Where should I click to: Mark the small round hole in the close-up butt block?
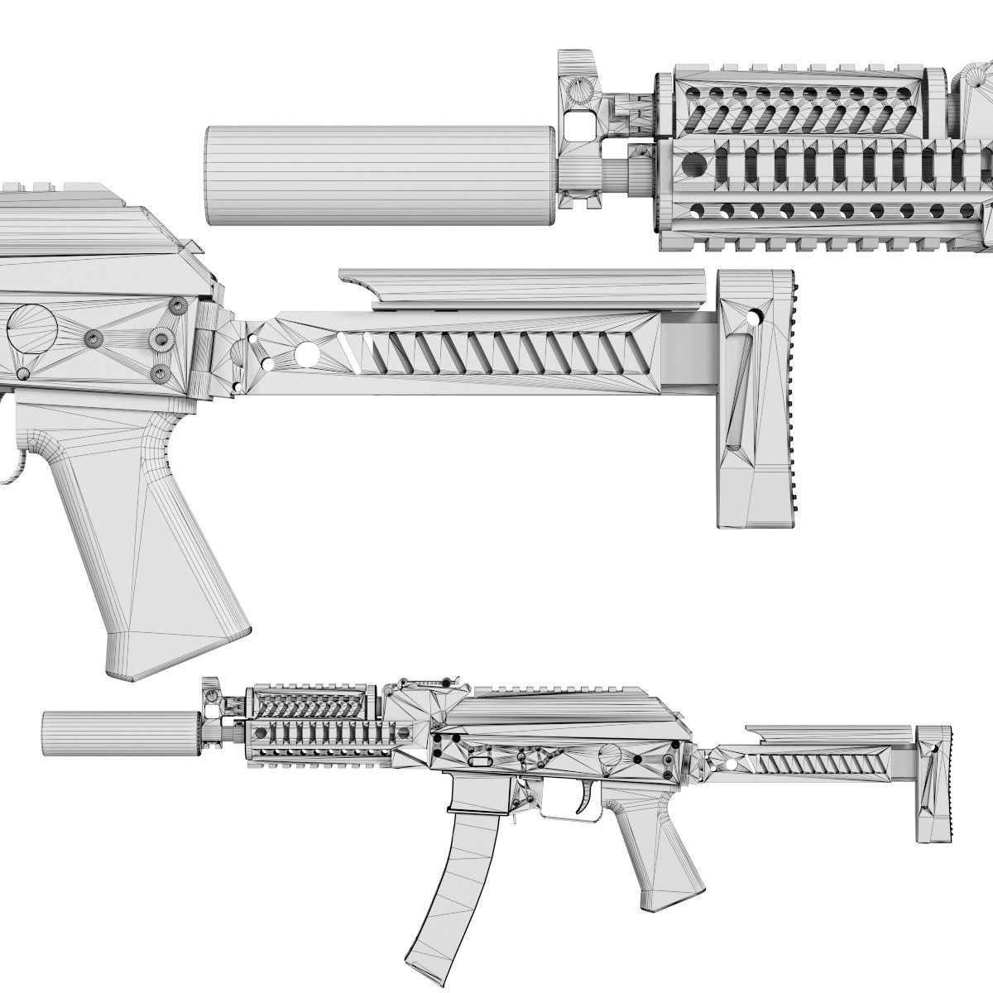(x=755, y=316)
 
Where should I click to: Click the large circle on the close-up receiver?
(x=31, y=328)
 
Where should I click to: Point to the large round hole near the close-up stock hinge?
(x=305, y=353)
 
